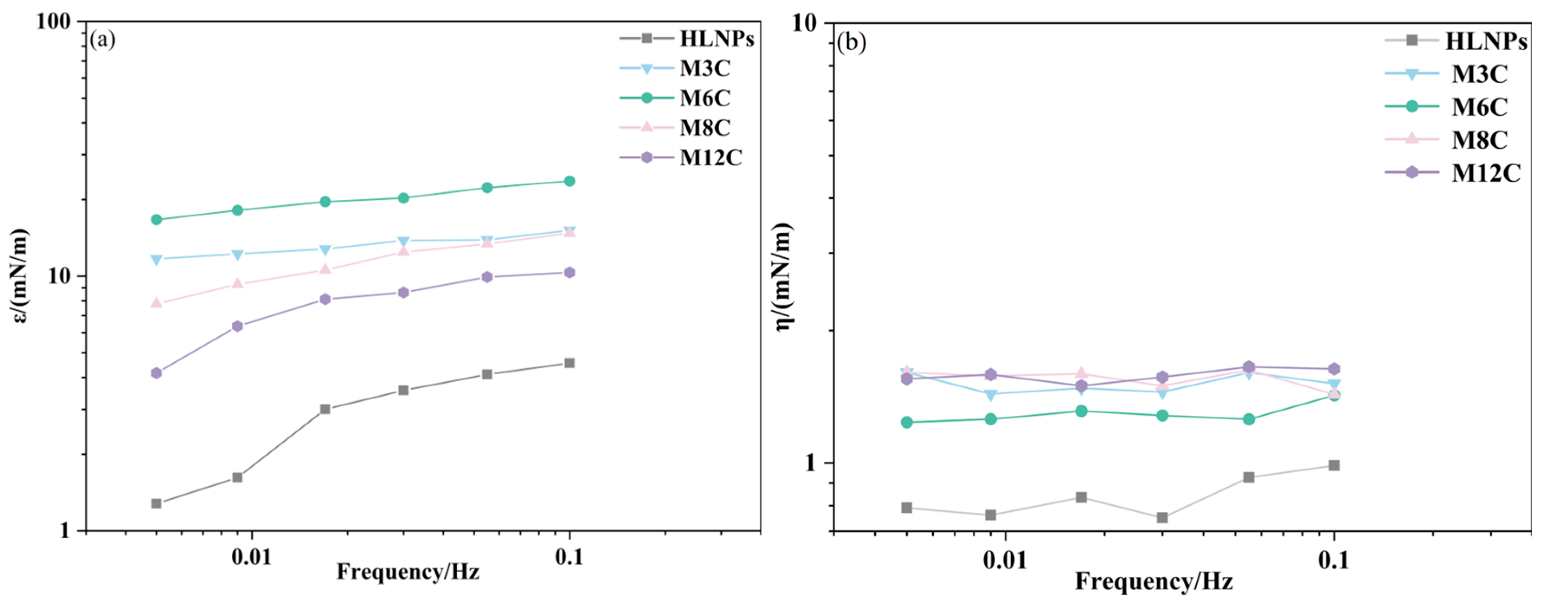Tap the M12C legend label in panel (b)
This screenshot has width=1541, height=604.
tap(1486, 173)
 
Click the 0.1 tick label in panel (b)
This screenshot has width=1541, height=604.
tap(1333, 561)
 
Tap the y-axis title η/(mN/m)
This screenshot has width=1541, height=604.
tap(783, 275)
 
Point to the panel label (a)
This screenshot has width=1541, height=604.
tap(103, 40)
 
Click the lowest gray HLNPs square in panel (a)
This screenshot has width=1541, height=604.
tap(156, 504)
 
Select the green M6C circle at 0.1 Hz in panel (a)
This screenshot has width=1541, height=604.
tap(570, 181)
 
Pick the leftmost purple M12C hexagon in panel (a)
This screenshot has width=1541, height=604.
tap(156, 373)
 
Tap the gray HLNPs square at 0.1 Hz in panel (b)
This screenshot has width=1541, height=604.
tap(1333, 465)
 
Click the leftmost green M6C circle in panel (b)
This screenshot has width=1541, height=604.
tap(907, 422)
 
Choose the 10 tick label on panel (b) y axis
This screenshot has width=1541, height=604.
tap(804, 23)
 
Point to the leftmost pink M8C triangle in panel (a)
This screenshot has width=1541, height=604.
tap(156, 303)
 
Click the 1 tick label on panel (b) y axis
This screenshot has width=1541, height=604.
tap(810, 463)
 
